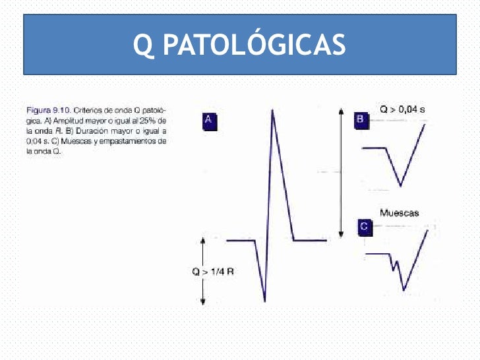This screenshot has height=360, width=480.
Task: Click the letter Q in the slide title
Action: (142, 45)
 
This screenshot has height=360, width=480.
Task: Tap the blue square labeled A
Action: (208, 120)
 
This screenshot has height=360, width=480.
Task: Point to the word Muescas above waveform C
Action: (400, 212)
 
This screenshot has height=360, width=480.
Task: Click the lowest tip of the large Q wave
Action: (264, 301)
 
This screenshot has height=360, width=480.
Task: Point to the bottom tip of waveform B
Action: (400, 185)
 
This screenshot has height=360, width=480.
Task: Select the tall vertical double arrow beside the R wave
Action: (340, 173)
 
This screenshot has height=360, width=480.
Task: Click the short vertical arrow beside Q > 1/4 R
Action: (203, 272)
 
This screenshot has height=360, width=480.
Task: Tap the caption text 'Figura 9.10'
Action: (44, 109)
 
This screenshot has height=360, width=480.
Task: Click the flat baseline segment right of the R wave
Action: (310, 240)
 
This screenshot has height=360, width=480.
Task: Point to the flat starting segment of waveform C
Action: (377, 253)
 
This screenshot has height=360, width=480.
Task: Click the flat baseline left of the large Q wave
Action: (241, 240)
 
